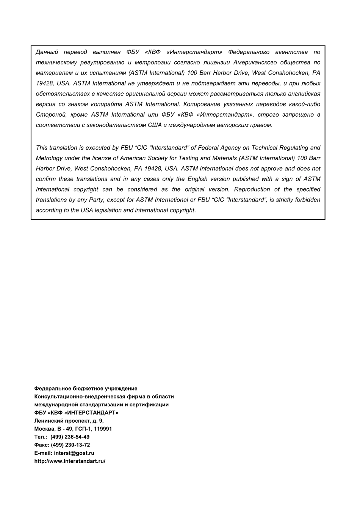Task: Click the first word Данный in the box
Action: [x=47, y=52]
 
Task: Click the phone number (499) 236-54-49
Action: [x=70, y=437]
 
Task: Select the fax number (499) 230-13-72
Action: [x=70, y=445]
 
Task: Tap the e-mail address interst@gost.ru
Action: [x=74, y=453]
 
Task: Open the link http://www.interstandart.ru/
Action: [x=70, y=461]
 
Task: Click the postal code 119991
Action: [x=103, y=429]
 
